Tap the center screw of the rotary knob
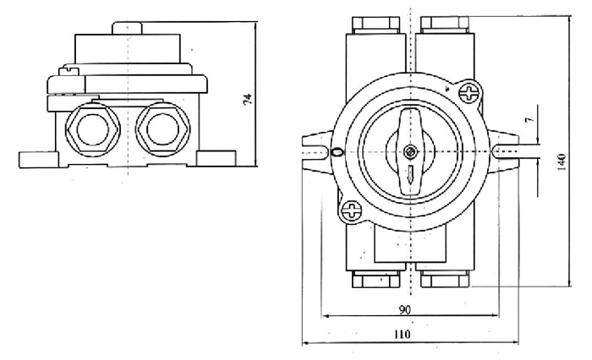coord(409,152)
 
